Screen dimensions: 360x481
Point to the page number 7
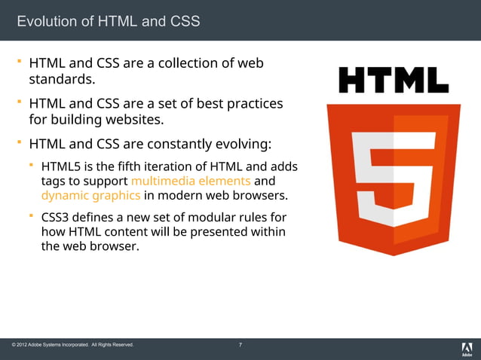(240, 345)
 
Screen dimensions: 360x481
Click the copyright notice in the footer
(73, 345)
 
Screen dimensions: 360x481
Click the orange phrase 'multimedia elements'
(191, 181)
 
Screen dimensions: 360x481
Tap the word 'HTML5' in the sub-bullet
(60, 166)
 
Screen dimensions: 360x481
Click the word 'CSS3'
(57, 218)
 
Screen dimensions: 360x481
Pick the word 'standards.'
(62, 78)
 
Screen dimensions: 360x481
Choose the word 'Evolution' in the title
(48, 21)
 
